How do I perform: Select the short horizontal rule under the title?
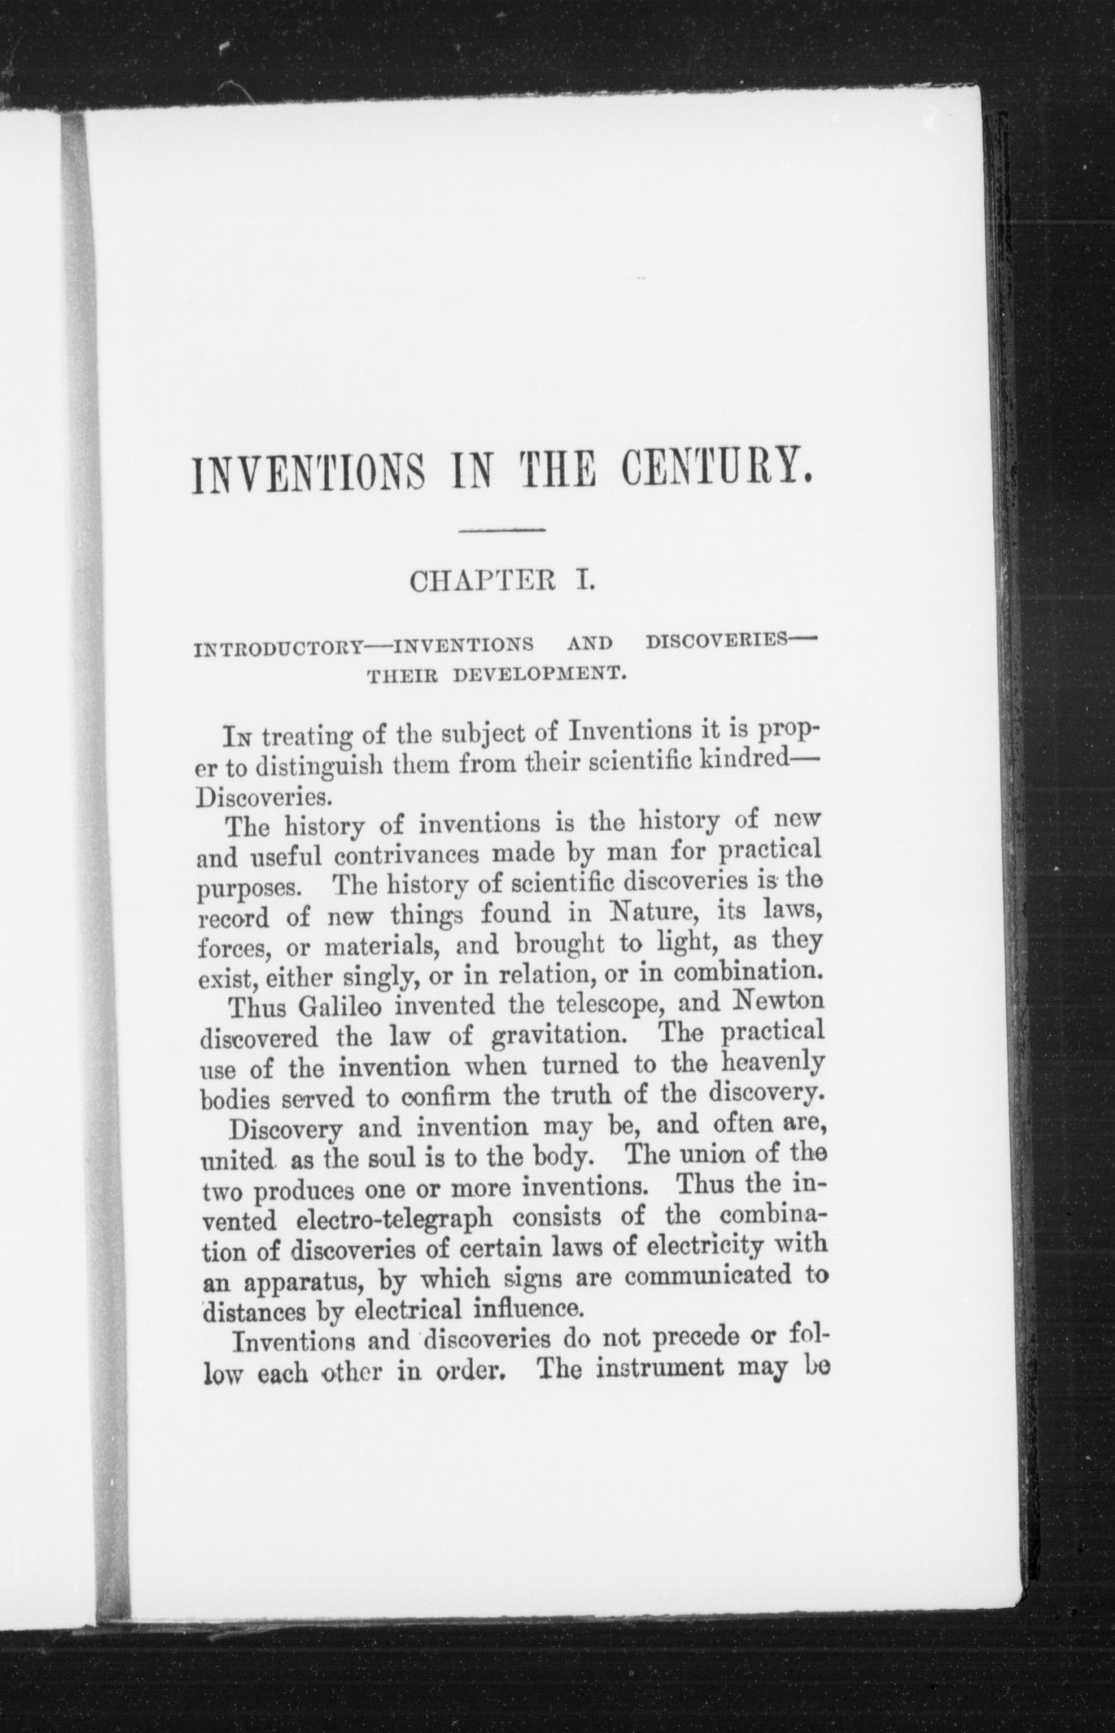tap(503, 533)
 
